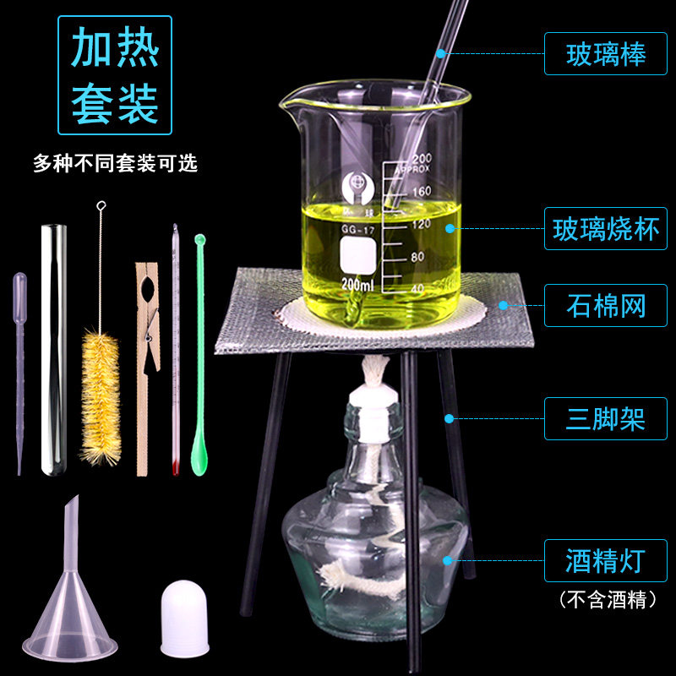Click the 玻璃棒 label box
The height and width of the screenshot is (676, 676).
[606, 55]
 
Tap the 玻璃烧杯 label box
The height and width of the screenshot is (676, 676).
[606, 229]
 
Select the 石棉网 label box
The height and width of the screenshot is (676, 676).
[606, 305]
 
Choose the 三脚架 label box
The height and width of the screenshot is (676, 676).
[606, 418]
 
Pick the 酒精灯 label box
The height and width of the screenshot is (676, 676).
[606, 560]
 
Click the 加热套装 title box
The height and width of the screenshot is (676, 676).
[114, 75]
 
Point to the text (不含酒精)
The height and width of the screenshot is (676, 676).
[608, 601]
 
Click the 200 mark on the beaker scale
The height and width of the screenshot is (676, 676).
[421, 159]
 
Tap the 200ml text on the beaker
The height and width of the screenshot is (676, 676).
[355, 286]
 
